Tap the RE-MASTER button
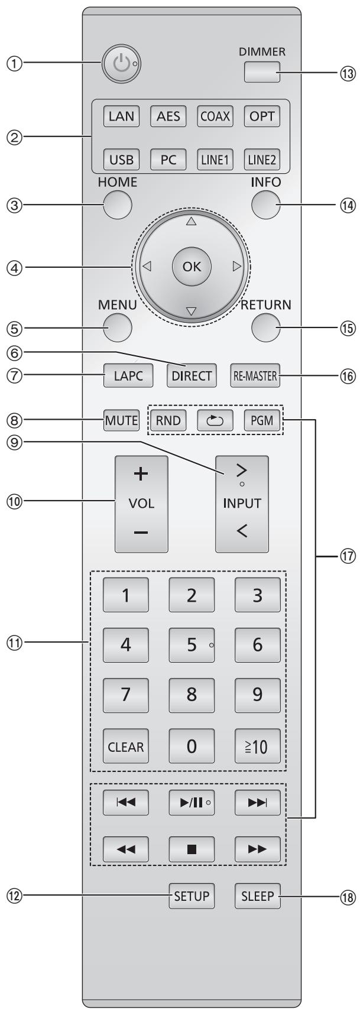254,376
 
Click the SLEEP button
258,896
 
